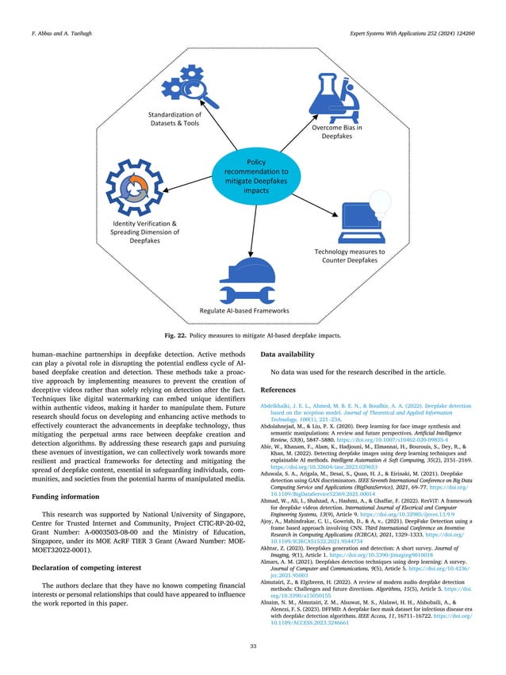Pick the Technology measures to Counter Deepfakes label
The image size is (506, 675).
pos(350,256)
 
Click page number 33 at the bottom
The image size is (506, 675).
pos(252,646)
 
